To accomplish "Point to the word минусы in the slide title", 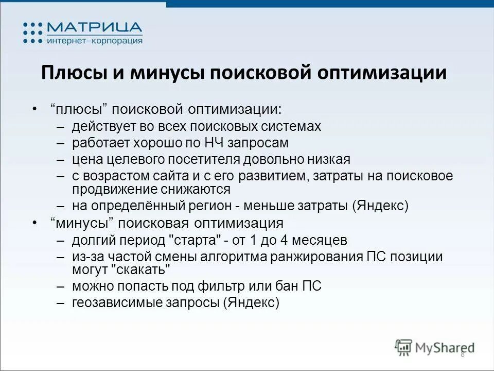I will pos(167,73).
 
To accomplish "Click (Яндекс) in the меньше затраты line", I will pos(380,206).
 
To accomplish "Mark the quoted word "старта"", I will pos(197,240).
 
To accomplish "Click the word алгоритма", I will pos(209,257).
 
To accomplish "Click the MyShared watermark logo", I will pos(435,347).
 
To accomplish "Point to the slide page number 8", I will pos(462,353).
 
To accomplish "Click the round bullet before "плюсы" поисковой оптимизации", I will pos(34,109).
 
